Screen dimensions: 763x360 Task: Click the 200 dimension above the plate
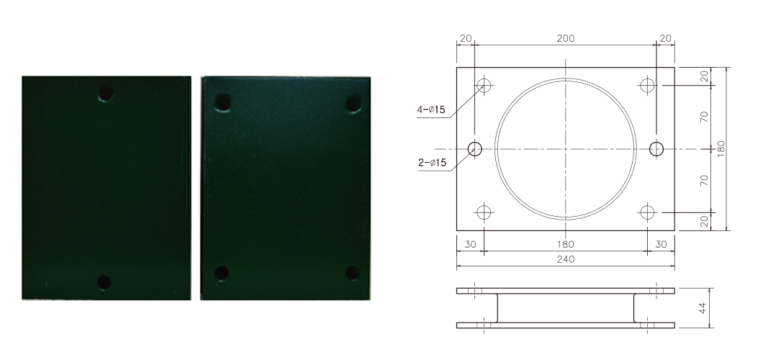566,38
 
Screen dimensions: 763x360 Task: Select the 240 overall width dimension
566,259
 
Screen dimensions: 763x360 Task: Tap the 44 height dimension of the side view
703,308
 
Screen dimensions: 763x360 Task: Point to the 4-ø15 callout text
431,109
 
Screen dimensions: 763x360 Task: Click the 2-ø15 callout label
432,163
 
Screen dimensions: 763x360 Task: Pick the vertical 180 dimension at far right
721,148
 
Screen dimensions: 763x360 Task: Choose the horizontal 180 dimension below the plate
566,244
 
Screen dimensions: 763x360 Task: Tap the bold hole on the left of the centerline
475,149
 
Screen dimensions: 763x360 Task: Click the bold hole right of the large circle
656,149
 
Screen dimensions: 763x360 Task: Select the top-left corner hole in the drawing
484,85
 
